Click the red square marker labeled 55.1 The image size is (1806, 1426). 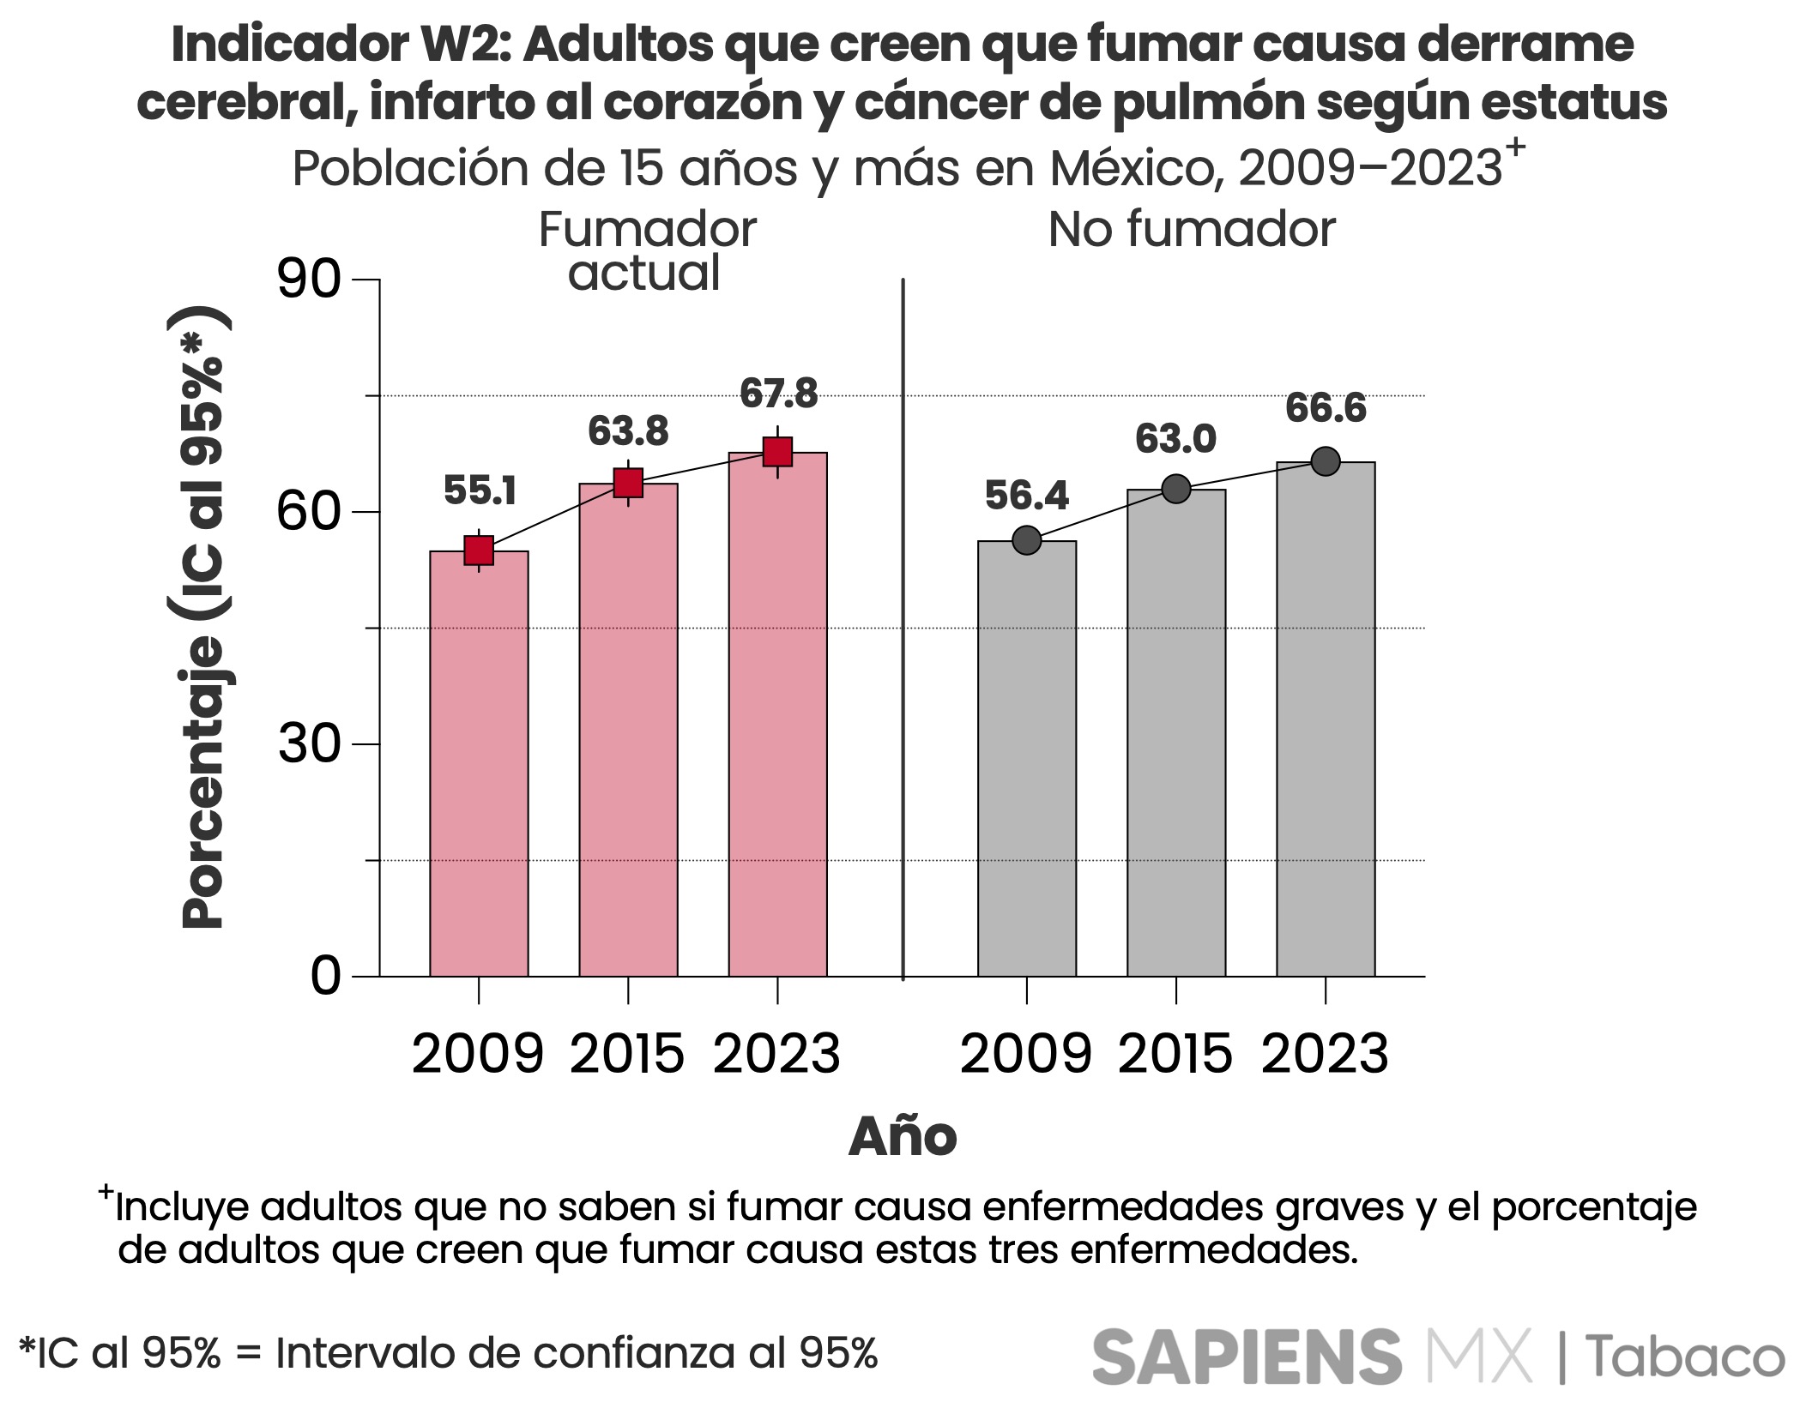coord(479,551)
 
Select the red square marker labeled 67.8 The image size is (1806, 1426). coord(777,451)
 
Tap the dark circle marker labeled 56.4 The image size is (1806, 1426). coord(1026,540)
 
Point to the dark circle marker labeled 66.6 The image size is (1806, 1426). coord(1326,461)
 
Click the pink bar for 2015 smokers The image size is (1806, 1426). coord(628,729)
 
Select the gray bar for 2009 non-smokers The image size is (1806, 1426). coord(1026,759)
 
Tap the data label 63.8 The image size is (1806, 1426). coord(628,431)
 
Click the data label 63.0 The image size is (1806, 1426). coord(1175,439)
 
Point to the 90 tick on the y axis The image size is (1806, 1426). coord(310,280)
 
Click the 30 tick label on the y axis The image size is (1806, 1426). coord(310,744)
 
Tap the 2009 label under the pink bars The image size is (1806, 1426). coord(478,1054)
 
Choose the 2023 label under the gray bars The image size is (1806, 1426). coord(1325,1054)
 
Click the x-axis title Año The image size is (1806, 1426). coord(903,1137)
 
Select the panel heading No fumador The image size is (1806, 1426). coord(1192,230)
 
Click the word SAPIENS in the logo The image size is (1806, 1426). coord(1246,1355)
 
